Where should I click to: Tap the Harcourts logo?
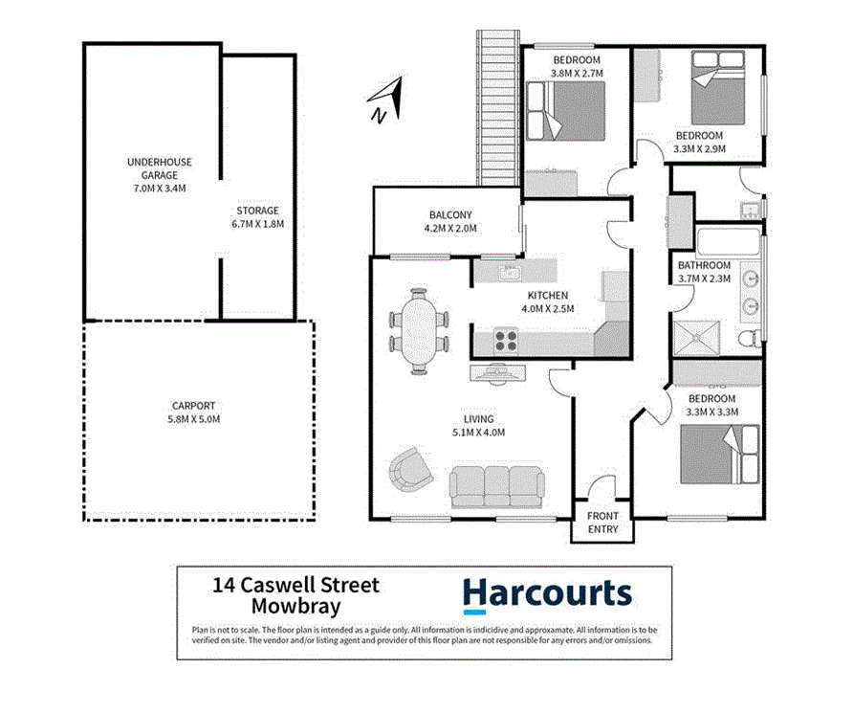click(x=547, y=594)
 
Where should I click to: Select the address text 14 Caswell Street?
click(x=295, y=585)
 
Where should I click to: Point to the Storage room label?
click(x=257, y=211)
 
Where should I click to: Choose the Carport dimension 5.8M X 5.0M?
click(x=194, y=419)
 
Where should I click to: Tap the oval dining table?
click(x=419, y=331)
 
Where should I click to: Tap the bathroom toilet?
click(x=750, y=337)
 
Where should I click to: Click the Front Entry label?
click(x=602, y=523)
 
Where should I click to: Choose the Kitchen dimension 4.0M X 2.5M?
click(x=548, y=309)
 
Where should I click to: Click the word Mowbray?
click(x=295, y=605)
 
